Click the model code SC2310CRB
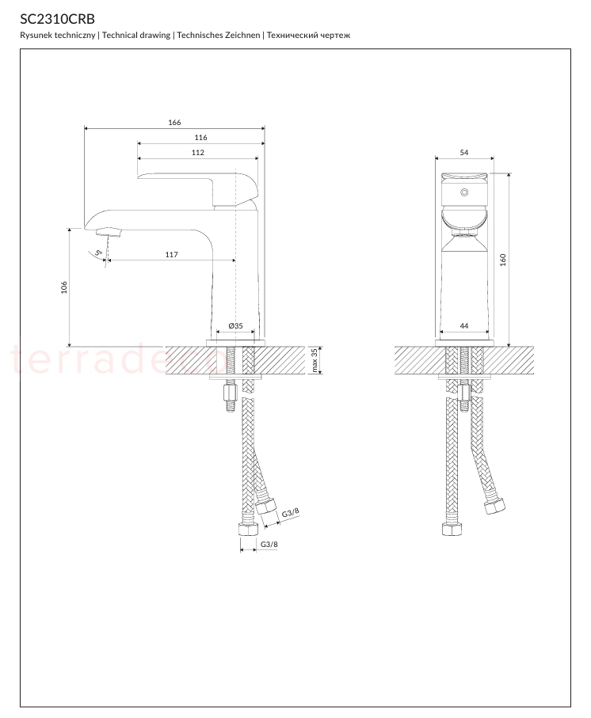[57, 19]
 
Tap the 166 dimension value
[174, 122]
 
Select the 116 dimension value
[200, 138]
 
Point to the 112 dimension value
[198, 153]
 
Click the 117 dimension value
[171, 255]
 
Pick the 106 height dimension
[64, 287]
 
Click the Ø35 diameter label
[235, 325]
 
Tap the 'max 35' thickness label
[315, 360]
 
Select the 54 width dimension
[464, 153]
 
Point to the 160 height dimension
[502, 260]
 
